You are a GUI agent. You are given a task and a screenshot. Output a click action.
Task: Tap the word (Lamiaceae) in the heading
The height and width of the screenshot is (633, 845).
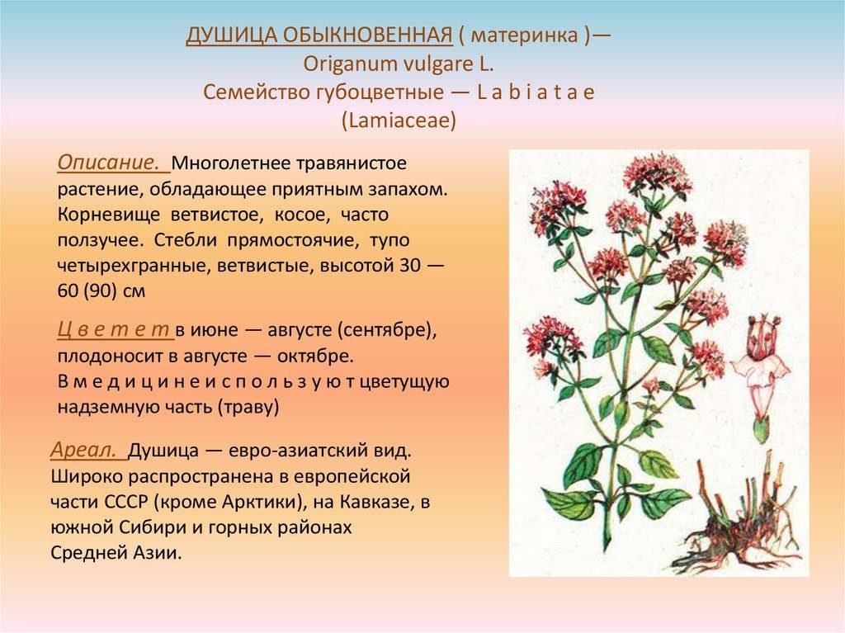click(399, 120)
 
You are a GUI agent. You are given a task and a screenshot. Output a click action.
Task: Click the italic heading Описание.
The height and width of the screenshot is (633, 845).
click(108, 163)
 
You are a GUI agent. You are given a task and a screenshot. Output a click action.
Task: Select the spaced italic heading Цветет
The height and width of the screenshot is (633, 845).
click(113, 329)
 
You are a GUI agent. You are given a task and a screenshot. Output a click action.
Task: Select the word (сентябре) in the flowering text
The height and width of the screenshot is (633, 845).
click(387, 330)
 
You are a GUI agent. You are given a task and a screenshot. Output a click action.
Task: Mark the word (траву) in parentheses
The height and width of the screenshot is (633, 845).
click(248, 407)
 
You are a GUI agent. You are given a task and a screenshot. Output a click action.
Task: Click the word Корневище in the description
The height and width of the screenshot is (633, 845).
click(108, 215)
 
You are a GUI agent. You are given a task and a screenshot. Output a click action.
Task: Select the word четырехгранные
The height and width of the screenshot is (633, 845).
click(132, 266)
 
